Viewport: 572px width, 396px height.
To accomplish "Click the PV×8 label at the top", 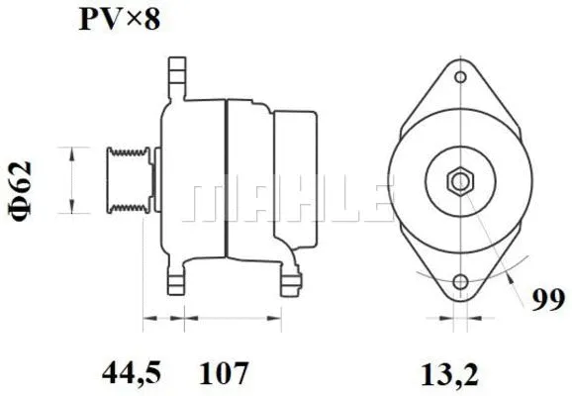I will click(119, 19).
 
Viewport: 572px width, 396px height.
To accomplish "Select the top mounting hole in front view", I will click(459, 76).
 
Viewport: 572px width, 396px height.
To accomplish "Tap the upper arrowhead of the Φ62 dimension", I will click(71, 149).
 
